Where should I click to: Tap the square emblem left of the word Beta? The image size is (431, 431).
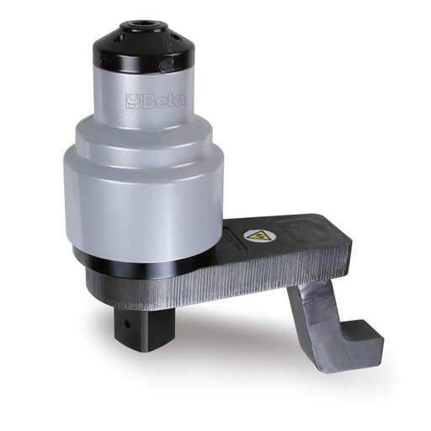(133, 101)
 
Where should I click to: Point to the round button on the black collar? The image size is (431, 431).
(166, 64)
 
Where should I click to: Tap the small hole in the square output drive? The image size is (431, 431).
(127, 324)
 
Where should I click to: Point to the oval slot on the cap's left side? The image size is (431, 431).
(117, 39)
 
